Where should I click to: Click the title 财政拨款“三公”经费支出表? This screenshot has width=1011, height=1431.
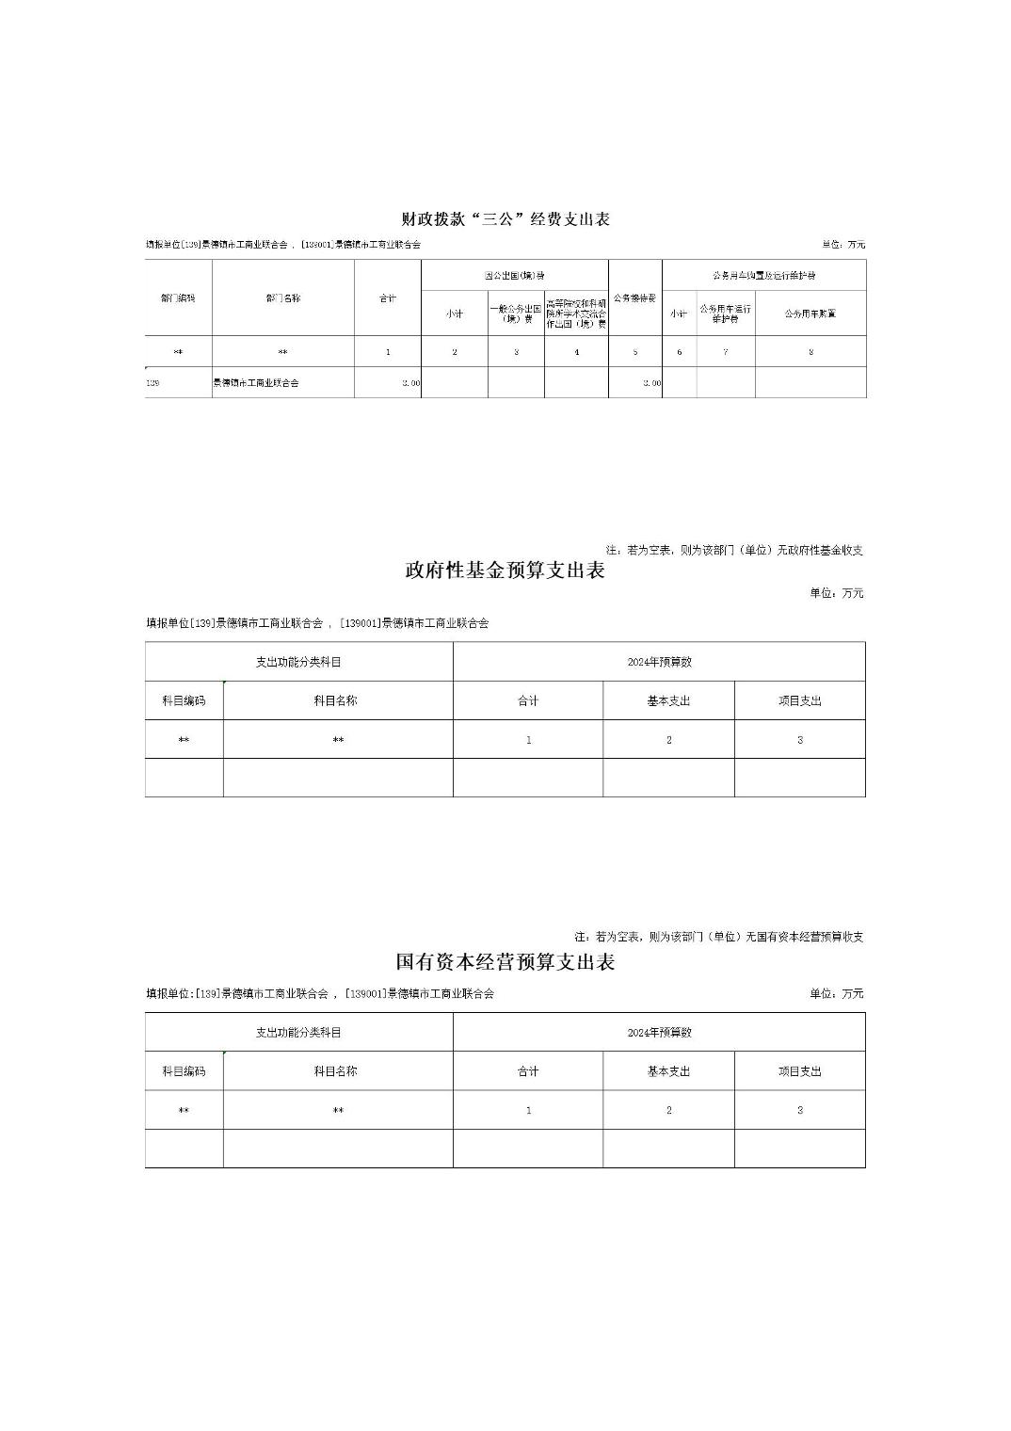(x=505, y=219)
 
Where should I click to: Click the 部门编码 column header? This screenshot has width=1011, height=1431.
(x=178, y=298)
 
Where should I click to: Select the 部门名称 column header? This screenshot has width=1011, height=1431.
(x=282, y=298)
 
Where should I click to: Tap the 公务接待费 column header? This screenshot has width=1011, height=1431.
(x=634, y=298)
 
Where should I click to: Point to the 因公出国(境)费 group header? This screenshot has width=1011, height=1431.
(x=514, y=276)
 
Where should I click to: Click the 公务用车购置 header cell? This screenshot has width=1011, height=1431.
(x=810, y=314)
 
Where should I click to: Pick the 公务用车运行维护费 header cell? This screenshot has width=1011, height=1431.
(x=725, y=314)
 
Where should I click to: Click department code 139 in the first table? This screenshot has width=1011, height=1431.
(x=153, y=383)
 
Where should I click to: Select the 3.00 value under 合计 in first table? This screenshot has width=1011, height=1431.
(x=411, y=383)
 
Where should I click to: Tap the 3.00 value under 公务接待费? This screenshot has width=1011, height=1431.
(x=651, y=383)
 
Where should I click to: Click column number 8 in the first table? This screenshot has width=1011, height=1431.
(x=810, y=352)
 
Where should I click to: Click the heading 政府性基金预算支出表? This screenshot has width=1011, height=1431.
(x=505, y=571)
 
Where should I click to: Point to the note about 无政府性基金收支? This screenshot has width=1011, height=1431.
(x=734, y=550)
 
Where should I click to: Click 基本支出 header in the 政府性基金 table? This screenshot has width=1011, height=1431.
(x=668, y=701)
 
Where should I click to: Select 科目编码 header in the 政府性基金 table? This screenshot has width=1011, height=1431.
(x=184, y=701)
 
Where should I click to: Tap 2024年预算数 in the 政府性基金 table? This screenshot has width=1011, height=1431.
(x=659, y=662)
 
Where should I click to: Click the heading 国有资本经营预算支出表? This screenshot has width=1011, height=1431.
(x=505, y=962)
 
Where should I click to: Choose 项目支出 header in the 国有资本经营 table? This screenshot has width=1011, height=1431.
(x=799, y=1071)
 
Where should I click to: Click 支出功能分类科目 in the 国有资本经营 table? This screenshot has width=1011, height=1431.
(x=298, y=1033)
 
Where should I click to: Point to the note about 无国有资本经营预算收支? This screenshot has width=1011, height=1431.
(x=719, y=937)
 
